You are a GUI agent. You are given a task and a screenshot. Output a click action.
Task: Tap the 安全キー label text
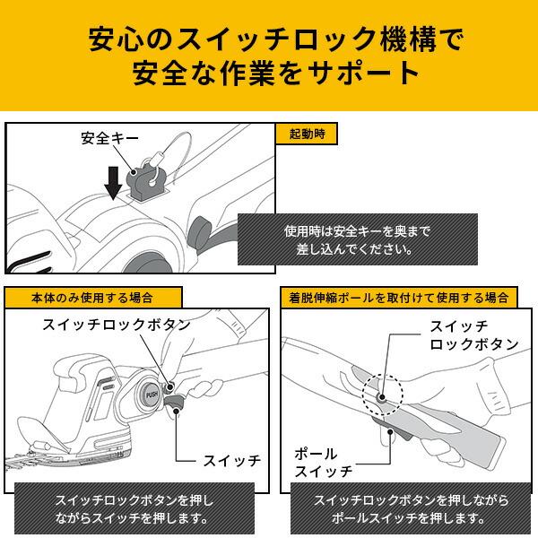point(107,139)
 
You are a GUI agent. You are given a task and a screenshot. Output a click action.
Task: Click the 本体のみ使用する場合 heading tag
point(92,297)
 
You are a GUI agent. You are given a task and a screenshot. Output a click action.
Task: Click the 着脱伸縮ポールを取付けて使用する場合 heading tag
point(398,297)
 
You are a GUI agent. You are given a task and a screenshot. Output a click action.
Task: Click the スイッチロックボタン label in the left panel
point(116,325)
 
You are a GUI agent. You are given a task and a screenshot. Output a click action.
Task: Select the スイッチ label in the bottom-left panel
point(230,460)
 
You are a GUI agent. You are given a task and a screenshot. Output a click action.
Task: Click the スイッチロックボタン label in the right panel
point(474,335)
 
